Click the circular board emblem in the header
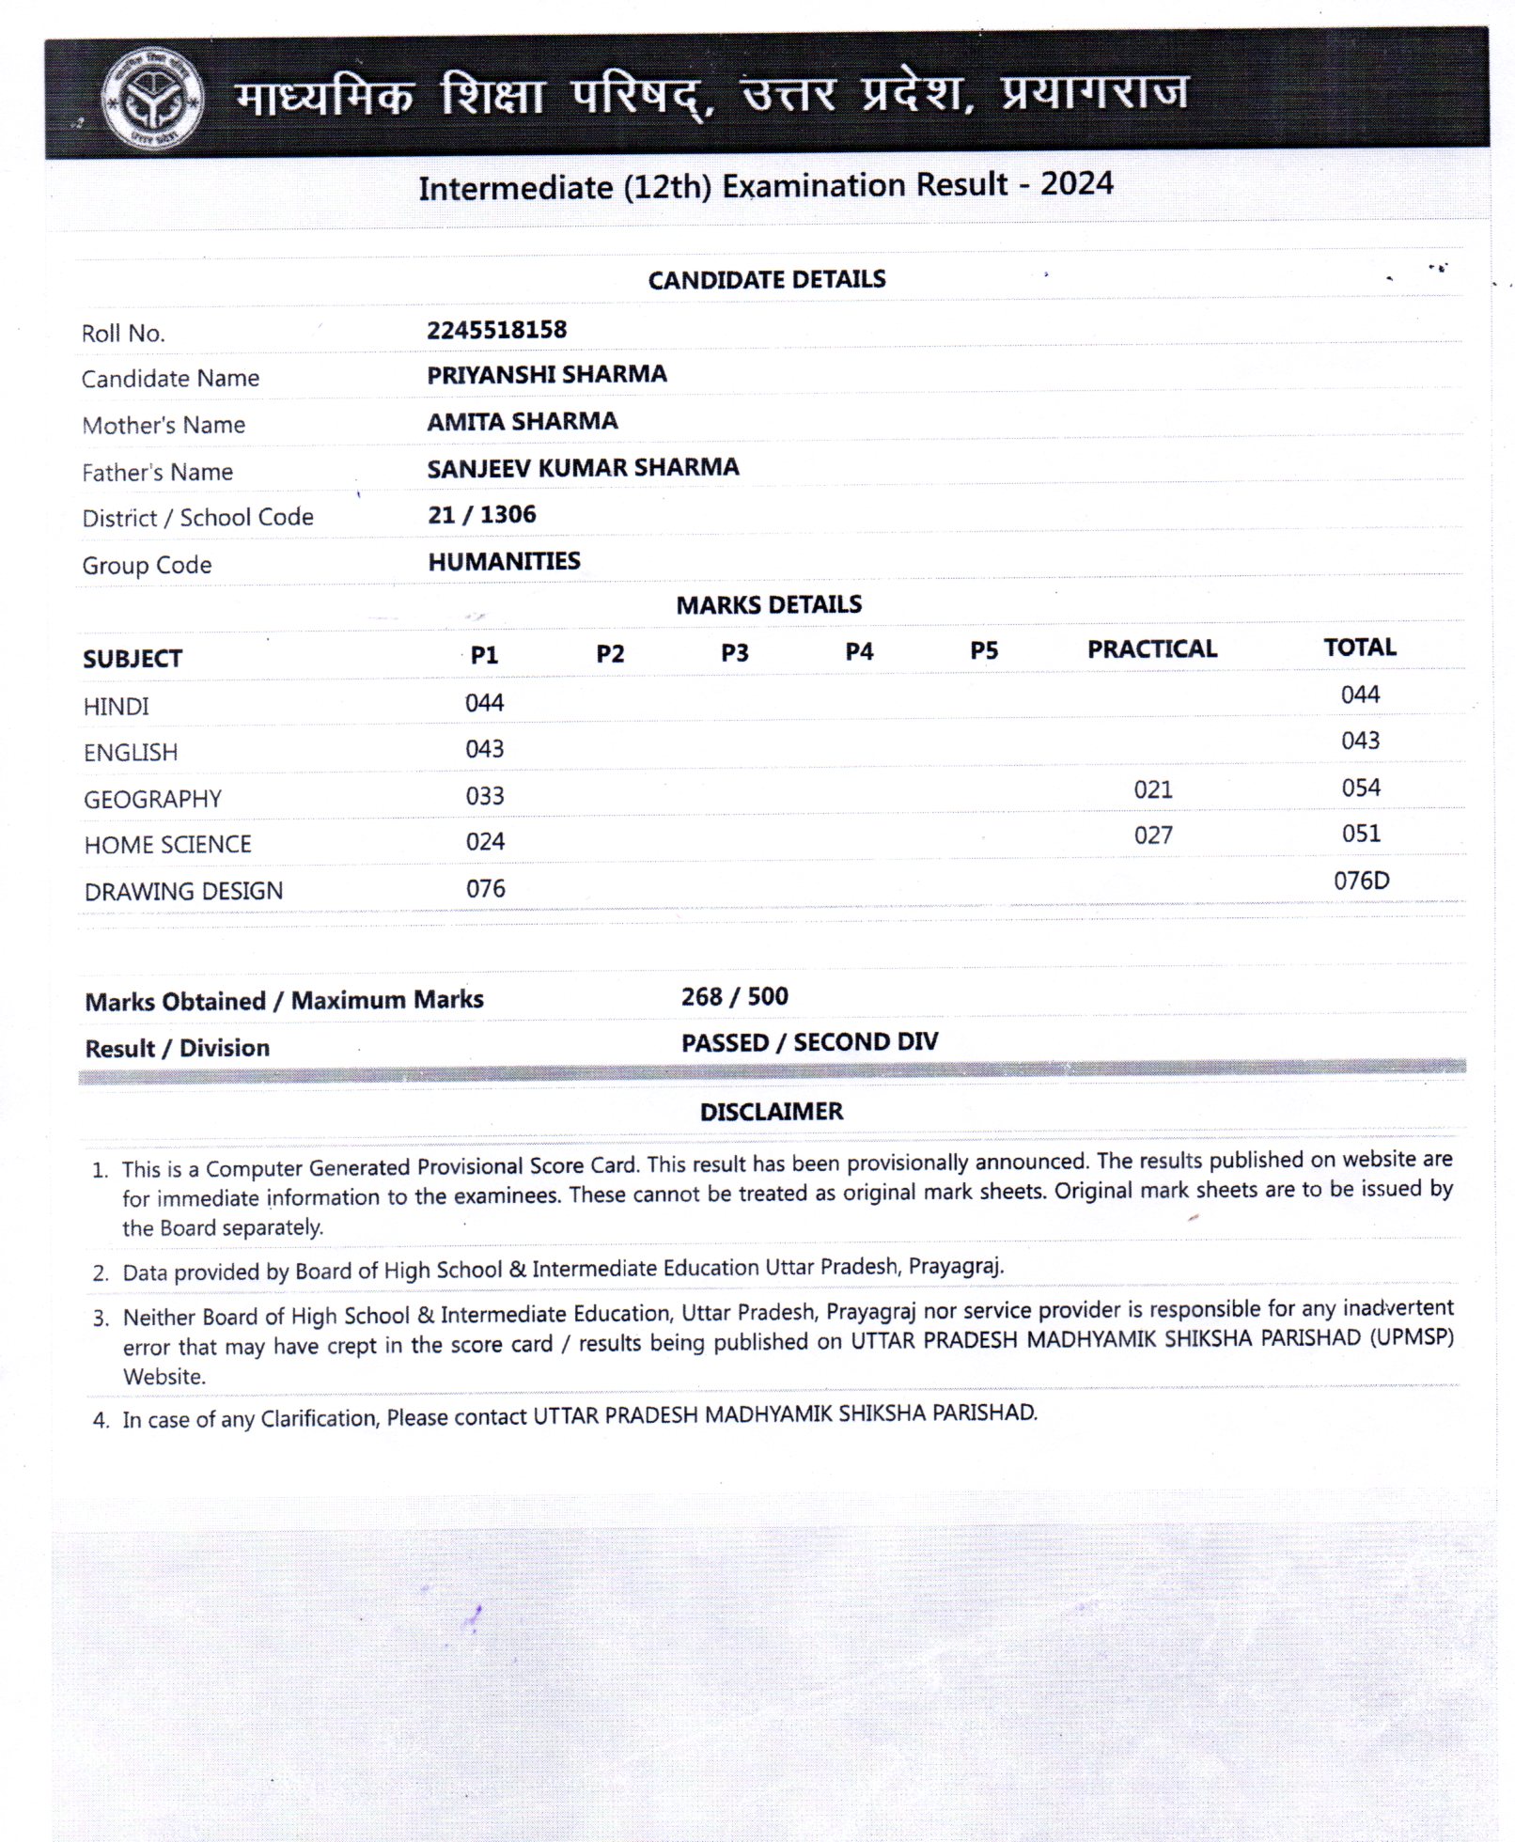click(x=152, y=99)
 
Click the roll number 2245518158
click(x=496, y=330)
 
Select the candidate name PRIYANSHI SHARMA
click(x=546, y=375)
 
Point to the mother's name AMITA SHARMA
click(x=522, y=421)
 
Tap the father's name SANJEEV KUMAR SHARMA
click(x=583, y=468)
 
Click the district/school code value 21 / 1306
click(x=481, y=515)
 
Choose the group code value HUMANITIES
click(x=504, y=561)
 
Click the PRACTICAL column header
click(x=1151, y=648)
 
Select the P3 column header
click(x=734, y=652)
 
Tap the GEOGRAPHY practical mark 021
click(x=1152, y=789)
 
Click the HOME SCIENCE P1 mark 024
click(x=485, y=842)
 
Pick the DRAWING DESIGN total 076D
click(x=1361, y=881)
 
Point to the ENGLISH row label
click(x=131, y=753)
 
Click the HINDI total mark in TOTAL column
click(x=1360, y=695)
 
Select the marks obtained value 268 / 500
click(x=734, y=996)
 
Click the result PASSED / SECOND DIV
click(x=809, y=1042)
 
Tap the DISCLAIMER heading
click(x=772, y=1112)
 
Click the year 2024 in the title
click(x=1076, y=183)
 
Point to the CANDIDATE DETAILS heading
click(x=767, y=279)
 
